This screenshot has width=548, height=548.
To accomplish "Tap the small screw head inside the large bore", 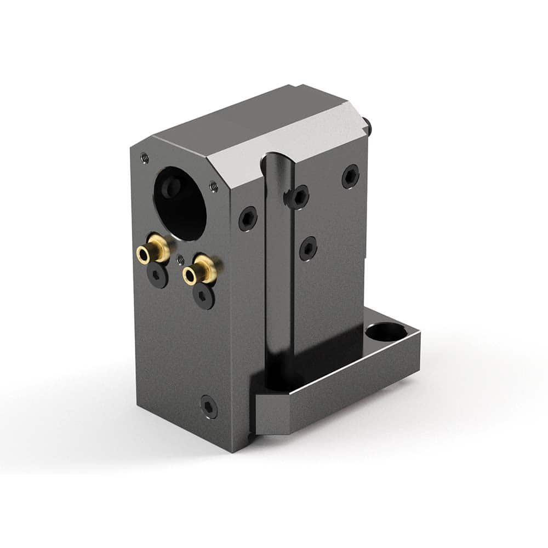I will point(173,188).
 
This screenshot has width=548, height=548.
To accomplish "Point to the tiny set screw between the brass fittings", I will point(181,258).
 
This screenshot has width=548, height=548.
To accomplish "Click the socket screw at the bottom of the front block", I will point(208,406).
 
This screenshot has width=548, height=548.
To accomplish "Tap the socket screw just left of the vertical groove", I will point(248,219).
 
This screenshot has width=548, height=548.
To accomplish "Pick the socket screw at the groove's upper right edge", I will point(298,196).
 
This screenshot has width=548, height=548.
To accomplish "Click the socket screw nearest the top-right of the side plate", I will point(350,176).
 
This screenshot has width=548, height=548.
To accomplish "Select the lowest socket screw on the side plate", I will point(308,248).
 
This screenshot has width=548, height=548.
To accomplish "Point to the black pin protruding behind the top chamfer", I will point(371,128).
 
